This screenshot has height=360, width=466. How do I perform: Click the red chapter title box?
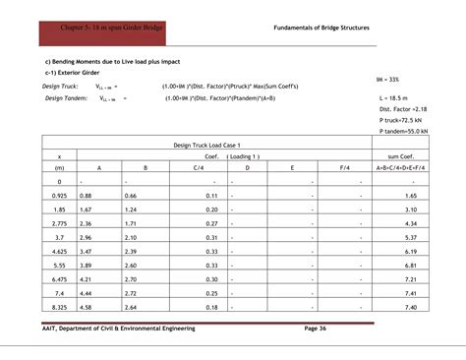98,28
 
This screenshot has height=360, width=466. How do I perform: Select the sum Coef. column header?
404,155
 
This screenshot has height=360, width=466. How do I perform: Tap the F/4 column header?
344,167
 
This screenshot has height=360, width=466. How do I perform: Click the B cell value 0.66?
131,196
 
